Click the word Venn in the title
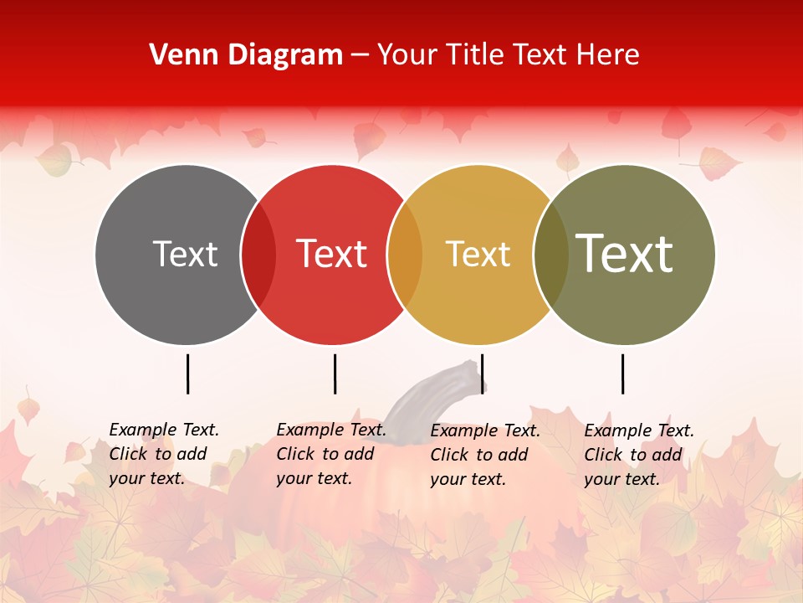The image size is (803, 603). tap(179, 55)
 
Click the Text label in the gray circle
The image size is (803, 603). tap(185, 254)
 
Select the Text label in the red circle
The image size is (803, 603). tap(332, 254)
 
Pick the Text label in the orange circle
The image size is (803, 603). tap(478, 254)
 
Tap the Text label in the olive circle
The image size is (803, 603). tap(625, 253)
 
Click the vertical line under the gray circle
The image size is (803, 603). tap(187, 374)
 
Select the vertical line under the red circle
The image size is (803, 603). tap(335, 374)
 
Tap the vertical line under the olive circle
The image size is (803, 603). tap(623, 374)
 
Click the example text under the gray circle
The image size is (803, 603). tap(163, 454)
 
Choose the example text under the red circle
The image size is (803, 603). tap(330, 454)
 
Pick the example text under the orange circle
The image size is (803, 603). tap(484, 455)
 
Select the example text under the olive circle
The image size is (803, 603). tap(638, 455)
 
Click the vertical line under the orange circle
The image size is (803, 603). tap(483, 374)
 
